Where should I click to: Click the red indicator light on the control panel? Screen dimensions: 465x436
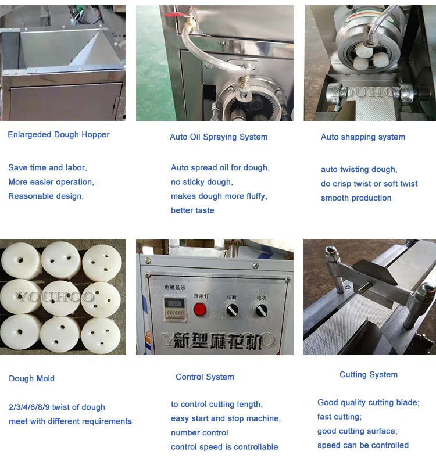[x=199, y=309]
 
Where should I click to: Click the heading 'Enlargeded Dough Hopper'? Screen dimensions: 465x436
[x=59, y=134]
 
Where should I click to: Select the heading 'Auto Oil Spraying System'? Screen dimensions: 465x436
[x=219, y=137]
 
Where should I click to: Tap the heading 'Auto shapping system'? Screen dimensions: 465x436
[x=363, y=137]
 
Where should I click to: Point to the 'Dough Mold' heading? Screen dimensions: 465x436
[x=32, y=378]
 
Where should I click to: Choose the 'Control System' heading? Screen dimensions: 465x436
[x=205, y=377]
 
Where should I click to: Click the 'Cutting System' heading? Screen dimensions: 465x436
[x=369, y=374]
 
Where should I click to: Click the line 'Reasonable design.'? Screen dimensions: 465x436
[x=46, y=196]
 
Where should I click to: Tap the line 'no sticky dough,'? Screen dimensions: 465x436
[x=202, y=182]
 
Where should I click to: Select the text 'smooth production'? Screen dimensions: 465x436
[x=356, y=198]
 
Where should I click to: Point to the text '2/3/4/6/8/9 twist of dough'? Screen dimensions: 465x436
[x=57, y=407]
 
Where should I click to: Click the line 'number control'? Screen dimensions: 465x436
[x=199, y=432]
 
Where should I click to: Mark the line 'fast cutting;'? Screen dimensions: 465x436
[x=339, y=417]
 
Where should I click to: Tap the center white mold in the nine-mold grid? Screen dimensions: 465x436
[x=60, y=297]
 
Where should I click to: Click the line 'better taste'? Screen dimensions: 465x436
[x=192, y=210]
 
